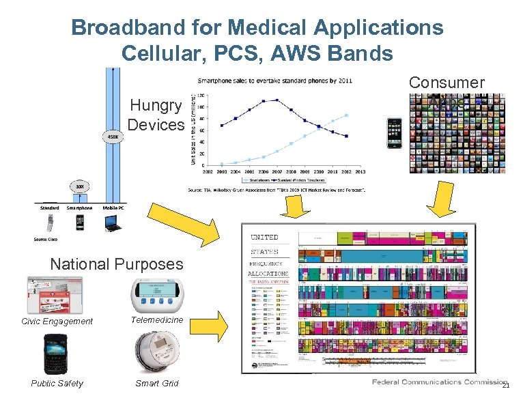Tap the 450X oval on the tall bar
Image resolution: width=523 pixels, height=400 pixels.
(x=112, y=135)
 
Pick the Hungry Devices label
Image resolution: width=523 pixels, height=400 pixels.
(x=156, y=115)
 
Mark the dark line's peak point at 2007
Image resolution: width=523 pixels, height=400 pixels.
(x=277, y=100)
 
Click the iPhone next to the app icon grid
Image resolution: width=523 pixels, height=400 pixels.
(x=395, y=133)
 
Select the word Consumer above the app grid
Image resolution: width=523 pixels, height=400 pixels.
(x=447, y=83)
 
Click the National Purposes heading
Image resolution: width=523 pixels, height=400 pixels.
(x=117, y=263)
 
